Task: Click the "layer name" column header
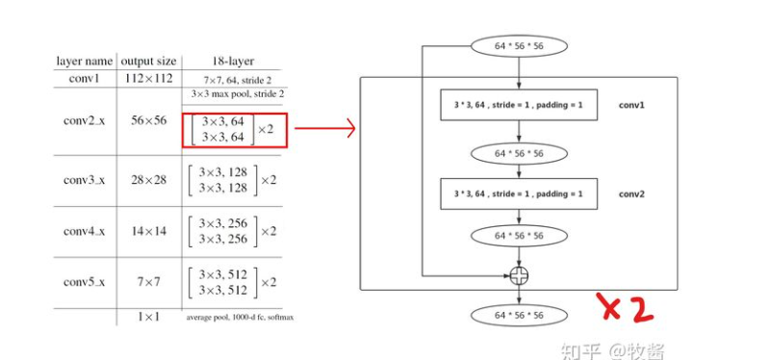(x=84, y=61)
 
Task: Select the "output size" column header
(x=147, y=61)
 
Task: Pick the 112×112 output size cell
(x=147, y=78)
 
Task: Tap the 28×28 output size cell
(x=147, y=180)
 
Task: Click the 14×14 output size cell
(x=147, y=231)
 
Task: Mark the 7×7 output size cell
(x=147, y=282)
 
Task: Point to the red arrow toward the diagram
(x=323, y=128)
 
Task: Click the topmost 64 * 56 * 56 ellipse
(x=519, y=45)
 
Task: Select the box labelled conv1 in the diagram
(x=518, y=104)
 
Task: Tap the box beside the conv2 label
(x=518, y=193)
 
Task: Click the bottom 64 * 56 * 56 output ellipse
(x=519, y=315)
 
